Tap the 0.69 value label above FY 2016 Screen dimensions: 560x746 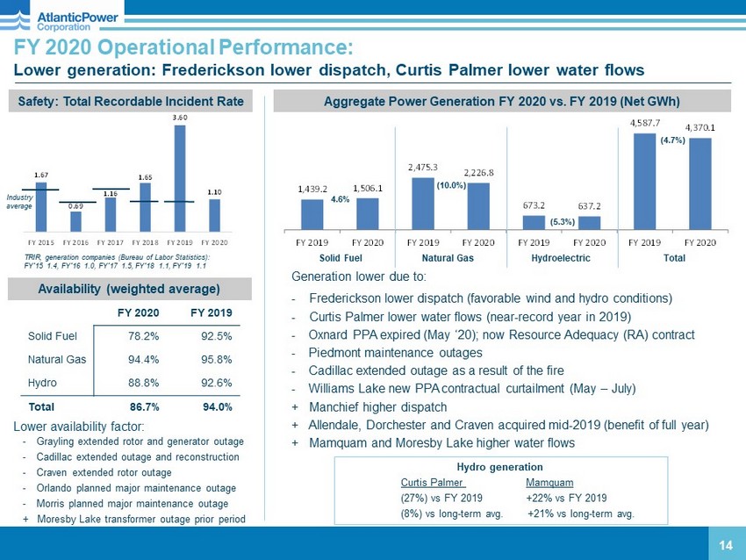pos(75,205)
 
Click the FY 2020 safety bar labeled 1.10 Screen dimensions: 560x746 pos(215,214)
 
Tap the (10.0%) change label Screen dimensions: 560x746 pos(450,186)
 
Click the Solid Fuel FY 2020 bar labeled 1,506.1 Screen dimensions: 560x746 pos(367,213)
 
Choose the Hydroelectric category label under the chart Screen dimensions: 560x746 pos(561,258)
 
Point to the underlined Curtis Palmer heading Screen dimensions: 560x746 pos(433,483)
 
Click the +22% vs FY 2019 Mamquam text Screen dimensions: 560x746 pos(566,499)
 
